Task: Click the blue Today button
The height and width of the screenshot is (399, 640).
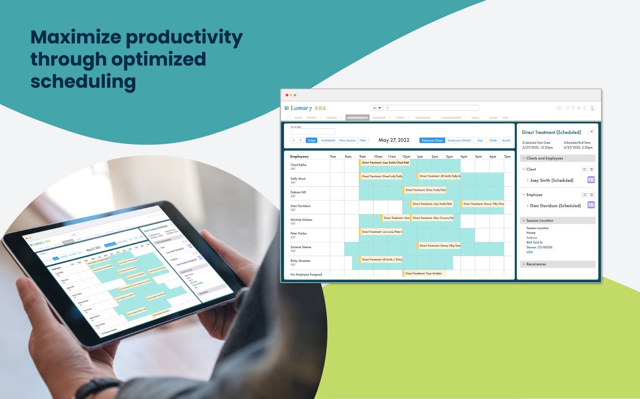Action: click(311, 140)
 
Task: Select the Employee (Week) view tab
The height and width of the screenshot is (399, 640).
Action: click(459, 140)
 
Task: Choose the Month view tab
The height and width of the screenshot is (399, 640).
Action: click(506, 140)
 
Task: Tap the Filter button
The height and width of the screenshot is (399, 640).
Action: click(363, 140)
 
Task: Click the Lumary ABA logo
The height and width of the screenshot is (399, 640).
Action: click(306, 108)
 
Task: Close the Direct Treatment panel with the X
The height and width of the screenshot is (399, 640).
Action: click(592, 132)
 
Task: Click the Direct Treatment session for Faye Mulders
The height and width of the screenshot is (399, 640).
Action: click(424, 273)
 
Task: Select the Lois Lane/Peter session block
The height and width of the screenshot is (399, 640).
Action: click(381, 232)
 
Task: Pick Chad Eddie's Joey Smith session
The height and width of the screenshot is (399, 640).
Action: click(385, 163)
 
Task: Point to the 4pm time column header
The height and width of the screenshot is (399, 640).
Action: click(464, 157)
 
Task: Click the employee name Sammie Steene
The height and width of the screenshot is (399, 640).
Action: click(301, 247)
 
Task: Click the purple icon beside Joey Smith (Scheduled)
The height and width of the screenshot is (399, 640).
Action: click(591, 180)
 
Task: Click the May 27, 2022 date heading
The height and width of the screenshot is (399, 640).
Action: click(393, 140)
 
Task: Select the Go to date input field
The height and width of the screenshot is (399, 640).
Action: click(313, 132)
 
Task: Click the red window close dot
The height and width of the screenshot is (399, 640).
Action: click(287, 95)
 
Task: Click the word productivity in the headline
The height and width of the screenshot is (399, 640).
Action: click(184, 37)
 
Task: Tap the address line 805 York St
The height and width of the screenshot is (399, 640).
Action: click(534, 242)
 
